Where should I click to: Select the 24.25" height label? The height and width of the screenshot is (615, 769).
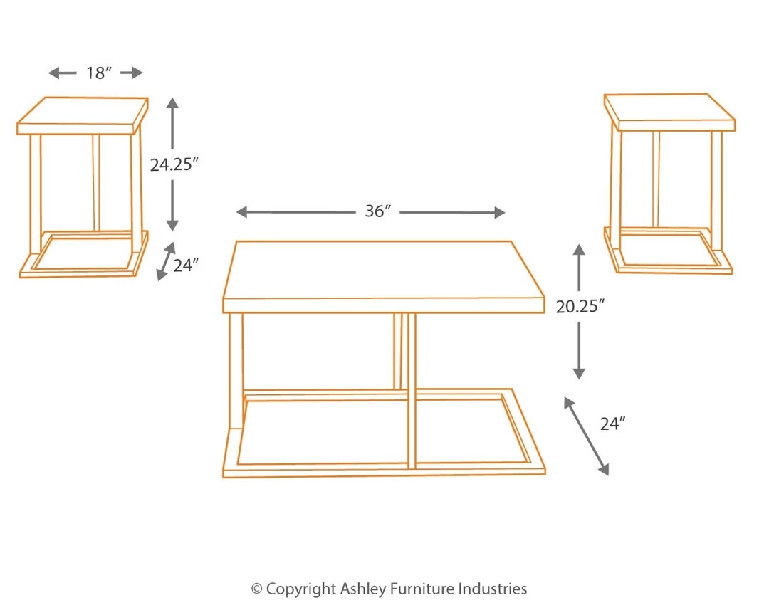173,164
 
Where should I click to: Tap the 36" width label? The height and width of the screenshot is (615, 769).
378,211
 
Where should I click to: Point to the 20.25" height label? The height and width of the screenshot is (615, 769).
580,306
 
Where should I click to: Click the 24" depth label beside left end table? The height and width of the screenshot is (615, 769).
185,266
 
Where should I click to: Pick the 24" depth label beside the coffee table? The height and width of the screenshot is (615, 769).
612,424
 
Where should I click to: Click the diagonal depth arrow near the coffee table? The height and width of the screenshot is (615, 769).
587,436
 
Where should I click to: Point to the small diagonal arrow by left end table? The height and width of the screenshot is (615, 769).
166,261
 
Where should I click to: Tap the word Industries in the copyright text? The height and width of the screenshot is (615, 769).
493,589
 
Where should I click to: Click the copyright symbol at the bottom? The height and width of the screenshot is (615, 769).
257,589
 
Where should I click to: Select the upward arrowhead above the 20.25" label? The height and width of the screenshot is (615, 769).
580,250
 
